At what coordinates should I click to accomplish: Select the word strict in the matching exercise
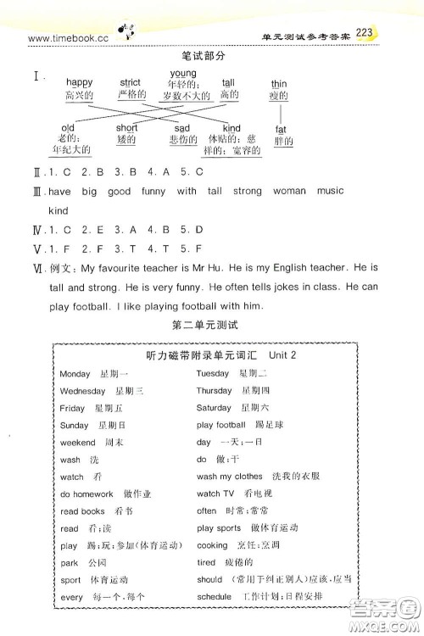131,82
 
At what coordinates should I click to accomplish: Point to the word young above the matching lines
183,74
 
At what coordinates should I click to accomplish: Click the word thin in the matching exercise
279,85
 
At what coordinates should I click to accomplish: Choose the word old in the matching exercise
69,128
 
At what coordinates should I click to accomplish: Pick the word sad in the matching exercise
182,128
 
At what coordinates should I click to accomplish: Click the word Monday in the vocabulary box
75,373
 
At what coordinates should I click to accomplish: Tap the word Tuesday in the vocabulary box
213,373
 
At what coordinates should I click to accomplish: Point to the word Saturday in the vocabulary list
215,408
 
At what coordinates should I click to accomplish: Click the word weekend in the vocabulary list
78,443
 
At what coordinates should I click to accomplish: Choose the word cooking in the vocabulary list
212,546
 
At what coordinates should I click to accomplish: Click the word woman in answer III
288,192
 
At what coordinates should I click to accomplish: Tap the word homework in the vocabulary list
92,494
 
